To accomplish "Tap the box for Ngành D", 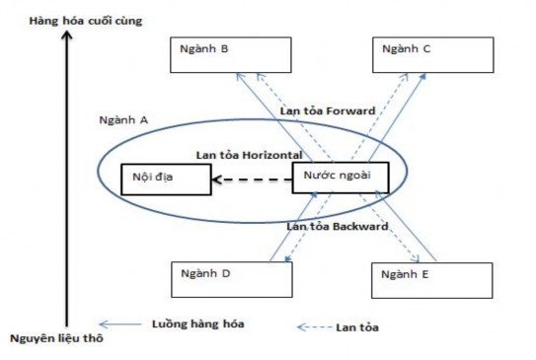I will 232,279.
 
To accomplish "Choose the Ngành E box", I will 432,280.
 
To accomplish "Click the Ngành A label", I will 123,119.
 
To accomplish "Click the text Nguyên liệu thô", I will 56,339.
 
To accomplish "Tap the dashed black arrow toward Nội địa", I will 252,180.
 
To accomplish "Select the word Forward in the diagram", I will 348,111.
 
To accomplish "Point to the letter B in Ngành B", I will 224,48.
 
